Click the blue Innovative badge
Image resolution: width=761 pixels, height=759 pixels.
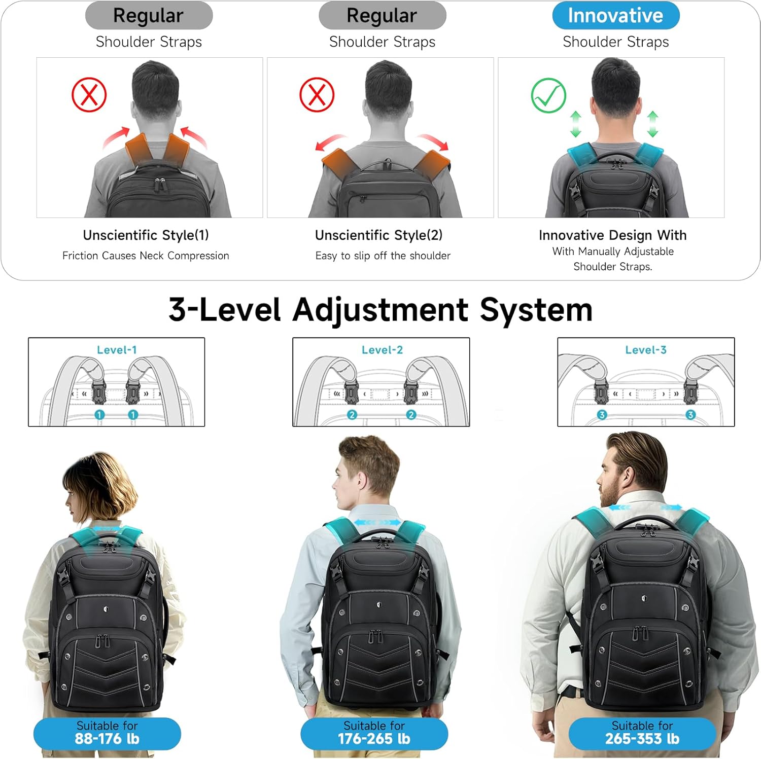click(615, 16)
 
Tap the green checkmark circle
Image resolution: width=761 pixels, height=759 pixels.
click(548, 95)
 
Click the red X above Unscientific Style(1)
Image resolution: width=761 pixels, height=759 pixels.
click(89, 95)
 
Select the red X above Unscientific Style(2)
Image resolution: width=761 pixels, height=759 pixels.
click(317, 95)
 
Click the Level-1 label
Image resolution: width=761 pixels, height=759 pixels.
click(117, 350)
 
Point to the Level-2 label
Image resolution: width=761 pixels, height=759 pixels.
click(382, 350)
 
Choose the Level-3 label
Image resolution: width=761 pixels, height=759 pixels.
click(646, 350)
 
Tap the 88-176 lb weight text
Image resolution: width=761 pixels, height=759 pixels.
click(107, 739)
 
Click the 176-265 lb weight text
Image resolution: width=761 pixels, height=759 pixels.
click(374, 739)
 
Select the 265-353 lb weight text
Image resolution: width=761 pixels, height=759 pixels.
click(642, 739)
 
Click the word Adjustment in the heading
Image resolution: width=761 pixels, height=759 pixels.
click(380, 310)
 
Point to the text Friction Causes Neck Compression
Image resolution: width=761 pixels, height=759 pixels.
click(146, 256)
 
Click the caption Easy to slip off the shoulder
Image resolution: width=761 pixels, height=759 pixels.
click(383, 256)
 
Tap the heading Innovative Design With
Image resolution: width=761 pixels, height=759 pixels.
click(612, 235)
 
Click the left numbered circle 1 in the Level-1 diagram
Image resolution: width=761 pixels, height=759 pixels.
click(99, 415)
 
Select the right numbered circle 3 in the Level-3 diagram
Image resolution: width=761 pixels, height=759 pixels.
click(690, 415)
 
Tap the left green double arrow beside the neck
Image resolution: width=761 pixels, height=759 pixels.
click(575, 124)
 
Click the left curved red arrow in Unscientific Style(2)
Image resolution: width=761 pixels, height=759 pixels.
click(330, 142)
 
